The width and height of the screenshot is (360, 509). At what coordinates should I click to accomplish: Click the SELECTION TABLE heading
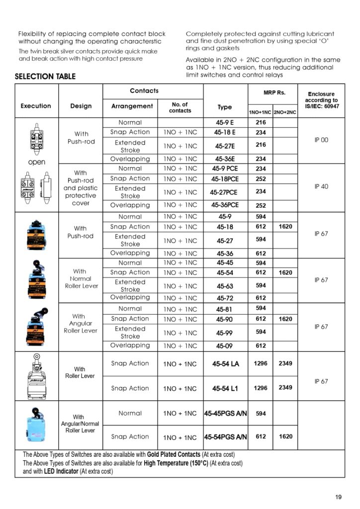pyautogui.click(x=45, y=77)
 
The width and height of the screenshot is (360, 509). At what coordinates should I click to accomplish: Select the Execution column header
pyautogui.click(x=36, y=106)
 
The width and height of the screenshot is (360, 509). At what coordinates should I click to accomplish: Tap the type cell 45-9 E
pyautogui.click(x=225, y=122)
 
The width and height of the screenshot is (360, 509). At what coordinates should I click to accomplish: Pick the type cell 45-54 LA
pyautogui.click(x=225, y=364)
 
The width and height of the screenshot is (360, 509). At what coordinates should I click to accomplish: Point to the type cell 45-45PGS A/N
pyautogui.click(x=226, y=413)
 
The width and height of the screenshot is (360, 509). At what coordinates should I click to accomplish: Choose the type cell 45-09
pyautogui.click(x=225, y=346)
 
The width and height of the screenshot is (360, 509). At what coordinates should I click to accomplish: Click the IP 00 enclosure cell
pyautogui.click(x=321, y=140)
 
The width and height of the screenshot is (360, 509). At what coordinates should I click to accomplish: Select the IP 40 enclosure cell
pyautogui.click(x=321, y=186)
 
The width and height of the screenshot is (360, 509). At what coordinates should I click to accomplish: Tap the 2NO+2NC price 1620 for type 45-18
pyautogui.click(x=285, y=227)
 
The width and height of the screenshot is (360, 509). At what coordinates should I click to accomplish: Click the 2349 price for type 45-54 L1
pyautogui.click(x=285, y=388)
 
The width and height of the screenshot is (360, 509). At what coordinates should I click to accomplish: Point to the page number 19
pyautogui.click(x=339, y=497)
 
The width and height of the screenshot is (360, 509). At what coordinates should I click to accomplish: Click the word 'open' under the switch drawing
pyautogui.click(x=37, y=162)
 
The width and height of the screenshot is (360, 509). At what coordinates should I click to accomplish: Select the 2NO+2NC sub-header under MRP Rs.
pyautogui.click(x=285, y=113)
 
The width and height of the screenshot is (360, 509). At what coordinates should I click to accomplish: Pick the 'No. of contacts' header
pyautogui.click(x=180, y=107)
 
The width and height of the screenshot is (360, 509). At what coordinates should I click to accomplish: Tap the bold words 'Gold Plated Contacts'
pyautogui.click(x=174, y=455)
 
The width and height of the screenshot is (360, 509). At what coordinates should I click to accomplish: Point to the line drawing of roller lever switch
pyautogui.click(x=37, y=376)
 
